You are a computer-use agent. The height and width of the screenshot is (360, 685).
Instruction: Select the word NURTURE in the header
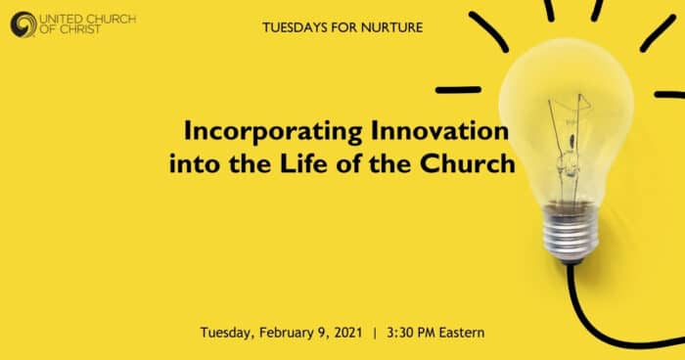click(x=391, y=27)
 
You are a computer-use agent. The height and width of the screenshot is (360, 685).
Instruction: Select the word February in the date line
click(x=295, y=333)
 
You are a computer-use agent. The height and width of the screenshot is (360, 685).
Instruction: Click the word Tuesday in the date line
click(x=229, y=333)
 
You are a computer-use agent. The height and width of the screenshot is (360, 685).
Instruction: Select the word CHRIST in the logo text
click(x=81, y=29)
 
